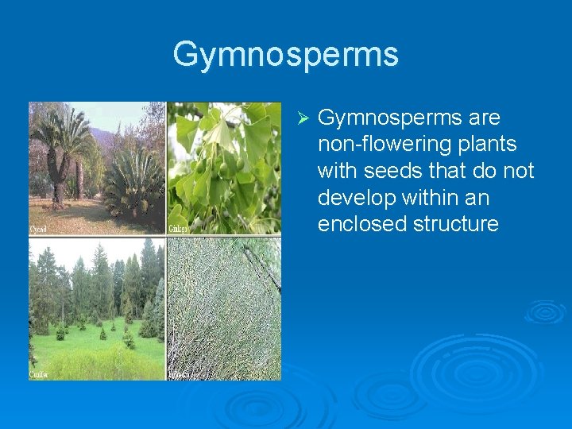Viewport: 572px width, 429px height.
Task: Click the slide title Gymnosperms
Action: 285,55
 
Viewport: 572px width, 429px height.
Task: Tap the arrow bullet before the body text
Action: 301,118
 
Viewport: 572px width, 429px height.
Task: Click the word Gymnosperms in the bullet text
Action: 390,118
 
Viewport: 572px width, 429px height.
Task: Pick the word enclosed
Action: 362,224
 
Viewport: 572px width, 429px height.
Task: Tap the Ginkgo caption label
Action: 179,229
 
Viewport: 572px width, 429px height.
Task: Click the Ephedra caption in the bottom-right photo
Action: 181,374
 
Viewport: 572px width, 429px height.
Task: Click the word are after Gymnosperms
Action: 484,118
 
